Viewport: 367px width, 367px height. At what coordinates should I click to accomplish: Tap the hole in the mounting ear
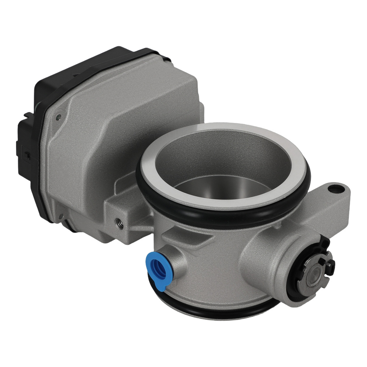coord(333,189)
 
